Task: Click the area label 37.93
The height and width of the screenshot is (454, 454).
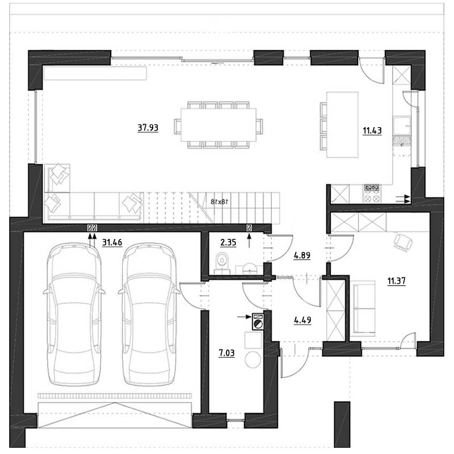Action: click(x=148, y=127)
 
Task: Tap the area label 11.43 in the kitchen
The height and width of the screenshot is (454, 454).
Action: click(x=372, y=131)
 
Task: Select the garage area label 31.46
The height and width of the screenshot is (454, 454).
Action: click(x=112, y=242)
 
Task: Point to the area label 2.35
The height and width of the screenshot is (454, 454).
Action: click(x=228, y=242)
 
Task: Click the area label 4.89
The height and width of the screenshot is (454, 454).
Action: click(x=302, y=255)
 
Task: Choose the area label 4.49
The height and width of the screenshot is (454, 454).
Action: click(x=302, y=320)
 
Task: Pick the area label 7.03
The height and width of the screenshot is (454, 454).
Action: click(x=226, y=353)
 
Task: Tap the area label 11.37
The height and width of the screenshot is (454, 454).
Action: click(x=396, y=280)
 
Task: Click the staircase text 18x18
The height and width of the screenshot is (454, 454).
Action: click(x=219, y=201)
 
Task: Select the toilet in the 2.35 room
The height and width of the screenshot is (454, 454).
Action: click(x=222, y=262)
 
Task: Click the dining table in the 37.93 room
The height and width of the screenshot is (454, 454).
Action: click(x=218, y=125)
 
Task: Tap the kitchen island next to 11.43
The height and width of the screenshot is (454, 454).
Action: click(x=342, y=125)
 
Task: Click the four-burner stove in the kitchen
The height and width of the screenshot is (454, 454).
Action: click(x=372, y=194)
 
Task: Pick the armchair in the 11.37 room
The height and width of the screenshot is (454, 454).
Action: click(x=403, y=242)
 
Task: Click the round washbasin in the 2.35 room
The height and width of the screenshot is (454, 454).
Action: click(x=250, y=268)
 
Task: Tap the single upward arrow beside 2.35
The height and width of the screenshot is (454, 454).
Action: click(x=249, y=241)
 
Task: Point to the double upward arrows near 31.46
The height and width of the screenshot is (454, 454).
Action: click(x=92, y=241)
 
